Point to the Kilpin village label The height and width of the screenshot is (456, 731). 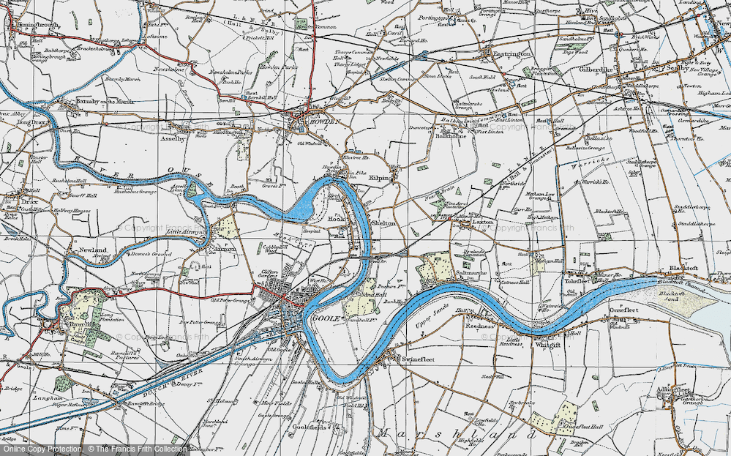(x=378, y=178)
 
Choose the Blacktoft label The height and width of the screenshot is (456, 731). (x=681, y=269)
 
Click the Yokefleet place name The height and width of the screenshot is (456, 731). (x=577, y=280)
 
